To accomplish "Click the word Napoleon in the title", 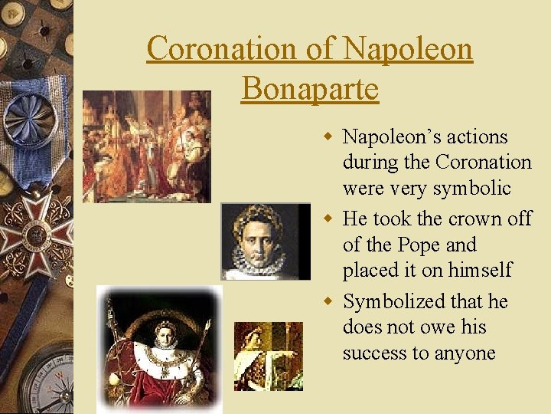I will coord(408,49).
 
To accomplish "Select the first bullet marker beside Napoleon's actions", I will coord(328,137).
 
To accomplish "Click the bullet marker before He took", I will coord(328,219).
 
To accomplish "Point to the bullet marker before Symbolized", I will coord(328,302).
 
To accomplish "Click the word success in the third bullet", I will coord(373,353).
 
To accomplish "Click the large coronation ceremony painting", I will coord(146,146).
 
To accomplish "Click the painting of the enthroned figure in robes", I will coord(159,349).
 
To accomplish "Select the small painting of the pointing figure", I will coord(268,356).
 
